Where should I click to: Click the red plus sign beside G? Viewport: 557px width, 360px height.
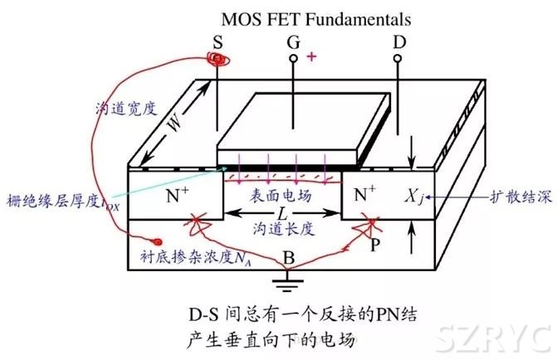312,56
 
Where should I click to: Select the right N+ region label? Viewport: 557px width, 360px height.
369,196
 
